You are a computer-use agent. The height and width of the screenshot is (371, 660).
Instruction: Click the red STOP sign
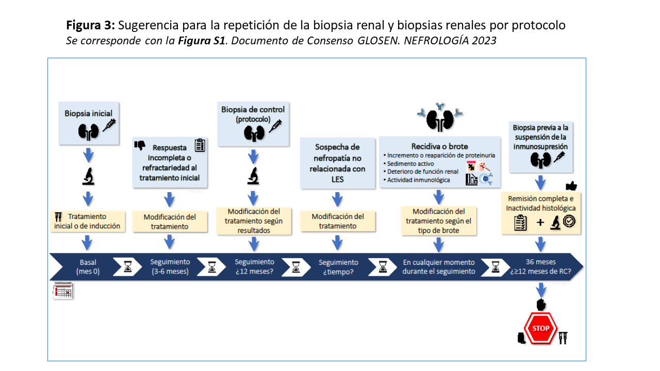pyautogui.click(x=541, y=329)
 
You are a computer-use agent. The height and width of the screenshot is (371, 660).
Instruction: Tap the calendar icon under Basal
pyautogui.click(x=63, y=291)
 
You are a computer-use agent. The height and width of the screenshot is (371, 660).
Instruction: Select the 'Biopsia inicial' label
pyautogui.click(x=88, y=113)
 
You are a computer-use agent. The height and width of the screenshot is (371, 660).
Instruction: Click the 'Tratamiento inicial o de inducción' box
pyautogui.click(x=88, y=221)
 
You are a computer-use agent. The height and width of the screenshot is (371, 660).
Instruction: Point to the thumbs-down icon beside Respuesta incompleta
pyautogui.click(x=140, y=146)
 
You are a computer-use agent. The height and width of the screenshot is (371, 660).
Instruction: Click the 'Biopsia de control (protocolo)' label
pyautogui.click(x=253, y=114)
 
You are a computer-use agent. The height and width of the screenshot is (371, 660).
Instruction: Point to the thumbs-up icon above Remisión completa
pyautogui.click(x=571, y=186)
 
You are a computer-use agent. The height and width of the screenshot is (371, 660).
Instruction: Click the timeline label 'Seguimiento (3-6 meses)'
pyautogui.click(x=170, y=266)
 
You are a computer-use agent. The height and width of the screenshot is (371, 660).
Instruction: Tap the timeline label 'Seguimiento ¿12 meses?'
pyautogui.click(x=254, y=266)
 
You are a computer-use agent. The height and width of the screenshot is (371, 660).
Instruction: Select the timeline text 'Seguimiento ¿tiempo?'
pyautogui.click(x=338, y=267)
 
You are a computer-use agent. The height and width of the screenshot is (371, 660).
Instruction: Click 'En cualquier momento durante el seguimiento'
pyautogui.click(x=439, y=266)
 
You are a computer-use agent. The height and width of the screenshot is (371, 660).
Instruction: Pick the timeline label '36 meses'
pyautogui.click(x=540, y=262)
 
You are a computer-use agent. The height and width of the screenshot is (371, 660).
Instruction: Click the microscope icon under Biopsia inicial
pyautogui.click(x=88, y=176)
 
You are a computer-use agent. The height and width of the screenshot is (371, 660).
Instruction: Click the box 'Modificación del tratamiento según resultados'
pyautogui.click(x=254, y=221)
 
